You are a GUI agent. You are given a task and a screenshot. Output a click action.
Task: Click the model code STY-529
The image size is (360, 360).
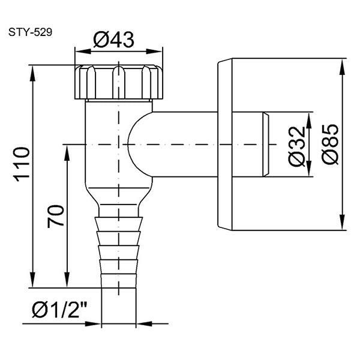pyautogui.click(x=31, y=32)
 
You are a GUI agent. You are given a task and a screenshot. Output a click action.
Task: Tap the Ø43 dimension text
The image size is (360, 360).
pyautogui.click(x=113, y=40)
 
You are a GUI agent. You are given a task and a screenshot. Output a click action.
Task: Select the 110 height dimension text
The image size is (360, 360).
pyautogui.click(x=22, y=164)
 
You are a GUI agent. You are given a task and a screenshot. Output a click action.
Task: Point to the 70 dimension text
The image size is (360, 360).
pyautogui.click(x=56, y=216)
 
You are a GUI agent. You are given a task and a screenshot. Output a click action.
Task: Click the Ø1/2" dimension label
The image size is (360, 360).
pyautogui.click(x=60, y=309)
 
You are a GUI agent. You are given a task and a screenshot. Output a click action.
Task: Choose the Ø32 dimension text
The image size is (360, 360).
pyautogui.click(x=296, y=146)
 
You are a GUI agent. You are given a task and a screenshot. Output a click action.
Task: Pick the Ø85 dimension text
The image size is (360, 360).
pyautogui.click(x=330, y=144)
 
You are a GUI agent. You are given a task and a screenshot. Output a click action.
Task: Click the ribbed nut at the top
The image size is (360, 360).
pyautogui.click(x=119, y=82)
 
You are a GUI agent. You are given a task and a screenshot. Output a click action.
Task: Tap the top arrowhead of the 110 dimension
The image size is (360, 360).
pyautogui.click(x=33, y=73)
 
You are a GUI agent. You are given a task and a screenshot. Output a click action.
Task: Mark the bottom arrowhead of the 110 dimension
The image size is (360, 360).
pyautogui.click(x=33, y=280)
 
